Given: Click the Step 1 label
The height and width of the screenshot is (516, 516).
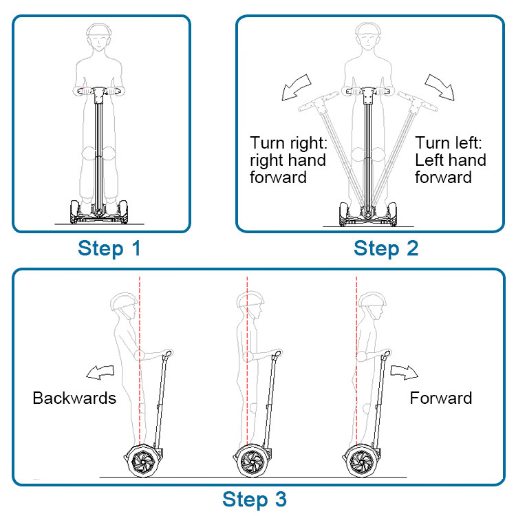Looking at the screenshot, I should [x=109, y=248].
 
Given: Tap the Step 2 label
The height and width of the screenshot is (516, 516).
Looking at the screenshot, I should [x=386, y=248].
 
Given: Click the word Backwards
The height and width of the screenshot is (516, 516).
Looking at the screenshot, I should [x=74, y=398].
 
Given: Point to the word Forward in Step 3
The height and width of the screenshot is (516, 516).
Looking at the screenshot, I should [x=441, y=398].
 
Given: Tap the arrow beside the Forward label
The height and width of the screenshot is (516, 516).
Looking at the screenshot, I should [x=405, y=372].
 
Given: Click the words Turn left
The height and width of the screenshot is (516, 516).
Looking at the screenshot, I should [x=451, y=142].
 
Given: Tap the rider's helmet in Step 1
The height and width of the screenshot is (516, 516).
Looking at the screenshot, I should [x=100, y=32].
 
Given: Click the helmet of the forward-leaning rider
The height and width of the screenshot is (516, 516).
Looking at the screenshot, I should [x=372, y=301].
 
